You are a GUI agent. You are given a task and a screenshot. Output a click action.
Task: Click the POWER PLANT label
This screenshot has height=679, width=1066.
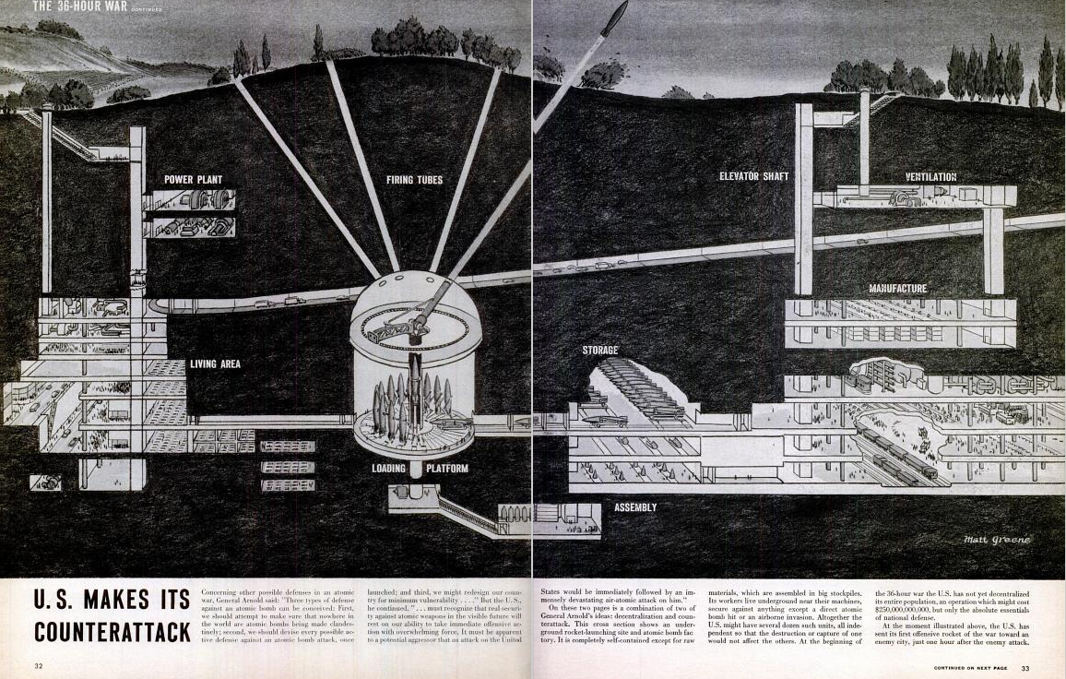point(193,179)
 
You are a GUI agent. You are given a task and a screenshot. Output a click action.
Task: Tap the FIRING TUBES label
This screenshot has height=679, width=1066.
point(415,179)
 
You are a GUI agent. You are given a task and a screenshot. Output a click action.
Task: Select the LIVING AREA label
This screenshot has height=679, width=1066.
point(215,363)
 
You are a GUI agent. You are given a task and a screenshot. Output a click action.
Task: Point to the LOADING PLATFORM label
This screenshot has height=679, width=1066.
point(420,469)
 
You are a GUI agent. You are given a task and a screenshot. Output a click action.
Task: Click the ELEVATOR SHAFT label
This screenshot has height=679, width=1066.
point(753,176)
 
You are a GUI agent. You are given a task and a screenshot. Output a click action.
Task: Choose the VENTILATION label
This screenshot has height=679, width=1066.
point(930,176)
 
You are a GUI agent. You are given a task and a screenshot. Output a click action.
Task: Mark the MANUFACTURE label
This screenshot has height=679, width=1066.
point(897,289)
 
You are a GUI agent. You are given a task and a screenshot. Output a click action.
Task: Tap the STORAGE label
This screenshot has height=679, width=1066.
point(599,351)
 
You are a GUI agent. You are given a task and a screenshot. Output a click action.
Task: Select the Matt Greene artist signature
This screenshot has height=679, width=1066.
point(997,540)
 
